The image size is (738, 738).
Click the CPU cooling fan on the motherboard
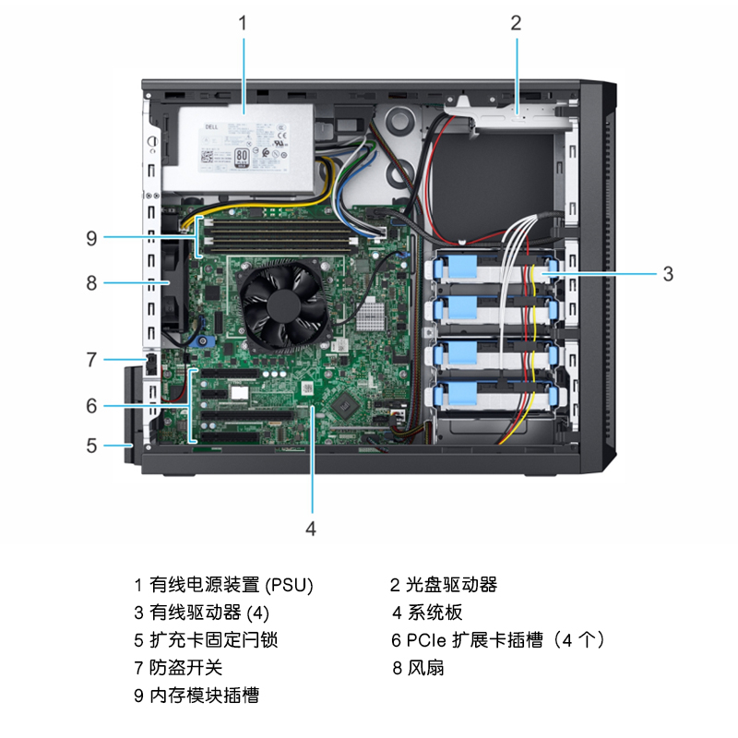coord(284,305)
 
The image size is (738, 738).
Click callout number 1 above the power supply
coord(243,22)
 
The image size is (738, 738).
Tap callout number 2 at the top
coord(517,22)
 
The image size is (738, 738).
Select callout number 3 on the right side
coord(668,274)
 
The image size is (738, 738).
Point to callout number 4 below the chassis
coord(311,529)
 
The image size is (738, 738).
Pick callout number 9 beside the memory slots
coord(91,238)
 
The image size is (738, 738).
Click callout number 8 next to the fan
coord(91,283)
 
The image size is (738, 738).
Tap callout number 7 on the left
coord(91,360)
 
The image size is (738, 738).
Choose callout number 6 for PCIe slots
coord(91,406)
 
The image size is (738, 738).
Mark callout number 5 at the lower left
coord(91,446)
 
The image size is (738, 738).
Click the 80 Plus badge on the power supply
coord(242,158)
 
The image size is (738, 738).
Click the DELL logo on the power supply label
coord(211,127)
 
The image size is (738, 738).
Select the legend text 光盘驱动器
coord(451,585)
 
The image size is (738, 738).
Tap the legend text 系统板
coord(434,613)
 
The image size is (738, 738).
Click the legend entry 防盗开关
coord(186,667)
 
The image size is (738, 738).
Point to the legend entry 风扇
coord(425,667)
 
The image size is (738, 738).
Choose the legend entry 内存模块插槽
coord(204,696)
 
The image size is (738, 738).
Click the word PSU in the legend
coord(289,585)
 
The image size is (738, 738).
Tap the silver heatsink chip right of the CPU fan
coord(370,315)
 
